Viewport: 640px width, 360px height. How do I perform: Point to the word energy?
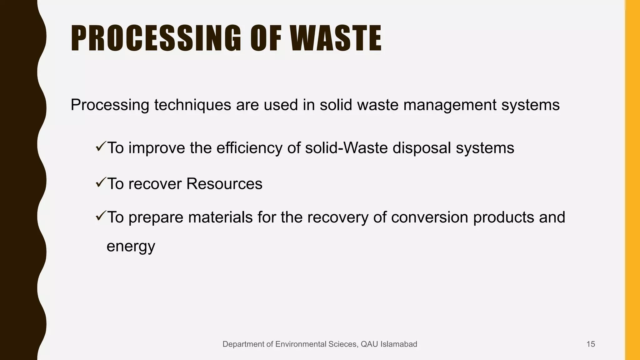(x=131, y=246)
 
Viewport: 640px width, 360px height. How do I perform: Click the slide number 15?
(x=591, y=344)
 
